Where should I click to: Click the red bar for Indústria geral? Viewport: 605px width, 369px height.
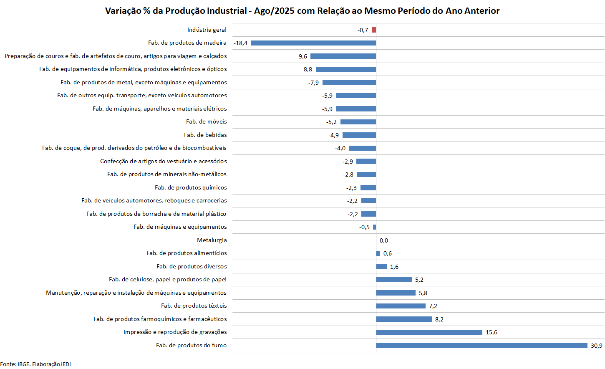point(374,30)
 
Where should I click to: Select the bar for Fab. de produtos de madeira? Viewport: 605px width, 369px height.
point(313,43)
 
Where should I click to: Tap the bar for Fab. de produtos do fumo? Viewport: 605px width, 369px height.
point(481,345)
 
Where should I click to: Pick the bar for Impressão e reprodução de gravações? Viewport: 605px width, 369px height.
point(429,332)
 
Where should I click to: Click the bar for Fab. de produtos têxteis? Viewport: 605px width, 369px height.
point(401,306)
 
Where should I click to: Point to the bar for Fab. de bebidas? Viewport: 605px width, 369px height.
point(359,135)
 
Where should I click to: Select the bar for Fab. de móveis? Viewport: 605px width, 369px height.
point(358,122)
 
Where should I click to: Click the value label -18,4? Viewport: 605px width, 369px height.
point(241,43)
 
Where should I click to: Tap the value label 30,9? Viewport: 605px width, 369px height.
point(596,346)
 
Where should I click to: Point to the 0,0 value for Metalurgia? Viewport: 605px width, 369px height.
point(384,240)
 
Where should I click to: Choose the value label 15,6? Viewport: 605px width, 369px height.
point(491,332)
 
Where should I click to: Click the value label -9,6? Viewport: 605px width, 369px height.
point(302,56)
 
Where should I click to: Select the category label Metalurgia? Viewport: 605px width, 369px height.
point(212,240)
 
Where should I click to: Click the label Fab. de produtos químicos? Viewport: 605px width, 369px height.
point(191,187)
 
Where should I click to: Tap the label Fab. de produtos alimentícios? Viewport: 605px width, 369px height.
point(187,253)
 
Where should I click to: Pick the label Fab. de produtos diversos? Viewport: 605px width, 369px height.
point(192,266)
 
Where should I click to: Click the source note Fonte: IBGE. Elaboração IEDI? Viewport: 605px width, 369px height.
point(35,364)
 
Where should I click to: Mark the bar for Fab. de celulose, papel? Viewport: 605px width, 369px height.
point(394,280)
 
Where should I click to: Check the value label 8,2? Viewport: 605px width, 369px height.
point(439,319)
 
